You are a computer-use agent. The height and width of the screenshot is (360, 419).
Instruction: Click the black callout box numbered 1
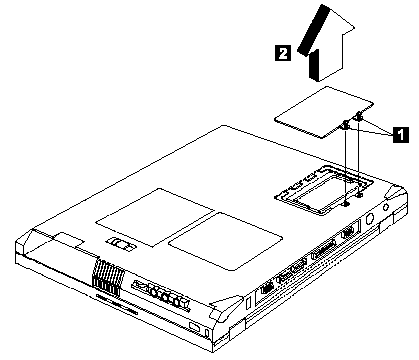[x=401, y=134]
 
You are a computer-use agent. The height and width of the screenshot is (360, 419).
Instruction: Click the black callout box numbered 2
[x=283, y=53]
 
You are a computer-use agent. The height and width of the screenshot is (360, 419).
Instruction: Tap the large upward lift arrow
[x=326, y=43]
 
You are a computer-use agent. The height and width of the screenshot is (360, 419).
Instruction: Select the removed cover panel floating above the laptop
[x=323, y=112]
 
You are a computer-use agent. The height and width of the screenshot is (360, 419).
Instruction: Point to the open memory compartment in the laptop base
[x=324, y=190]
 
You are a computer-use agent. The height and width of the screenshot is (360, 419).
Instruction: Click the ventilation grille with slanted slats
[x=108, y=279]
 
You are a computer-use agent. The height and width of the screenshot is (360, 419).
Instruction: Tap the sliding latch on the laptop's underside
[x=120, y=244]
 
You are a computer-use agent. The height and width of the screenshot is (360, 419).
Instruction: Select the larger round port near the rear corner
[x=370, y=219]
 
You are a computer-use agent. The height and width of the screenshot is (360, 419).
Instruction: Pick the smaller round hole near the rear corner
[x=386, y=207]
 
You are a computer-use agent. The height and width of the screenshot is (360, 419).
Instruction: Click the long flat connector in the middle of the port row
[x=322, y=252]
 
